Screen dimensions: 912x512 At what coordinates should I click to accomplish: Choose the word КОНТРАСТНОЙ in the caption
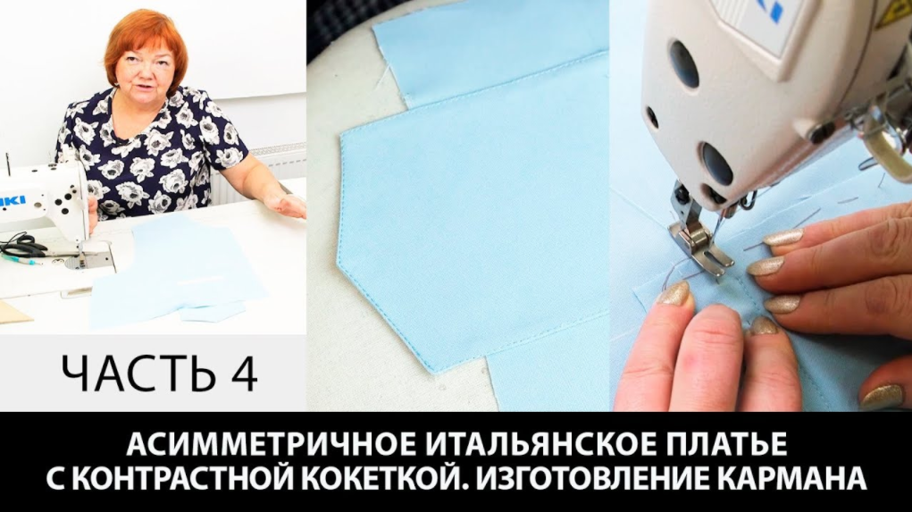click(202, 480)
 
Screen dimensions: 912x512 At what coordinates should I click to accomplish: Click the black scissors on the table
click(22, 246)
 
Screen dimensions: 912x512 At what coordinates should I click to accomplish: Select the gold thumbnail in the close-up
click(674, 294)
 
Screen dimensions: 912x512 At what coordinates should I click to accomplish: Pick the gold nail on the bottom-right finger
click(883, 396)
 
